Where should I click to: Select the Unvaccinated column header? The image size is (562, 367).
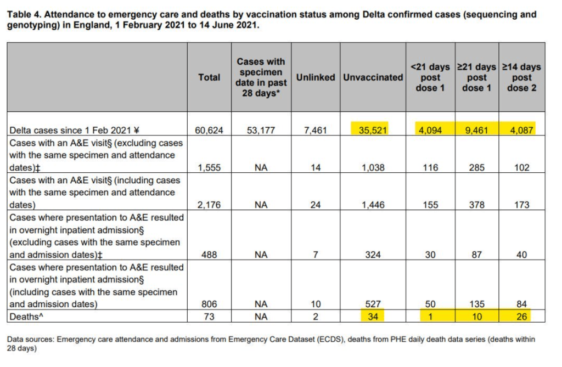pyautogui.click(x=373, y=77)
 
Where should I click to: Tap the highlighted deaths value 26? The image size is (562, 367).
pyautogui.click(x=522, y=316)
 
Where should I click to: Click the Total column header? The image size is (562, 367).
pyautogui.click(x=209, y=77)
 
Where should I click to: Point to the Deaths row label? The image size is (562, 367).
pyautogui.click(x=27, y=316)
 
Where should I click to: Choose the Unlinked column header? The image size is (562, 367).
pyautogui.click(x=316, y=77)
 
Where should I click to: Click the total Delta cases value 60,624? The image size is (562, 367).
pyautogui.click(x=209, y=131)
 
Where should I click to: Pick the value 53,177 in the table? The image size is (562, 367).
pyautogui.click(x=261, y=131)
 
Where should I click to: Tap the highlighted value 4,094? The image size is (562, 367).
pyautogui.click(x=431, y=131)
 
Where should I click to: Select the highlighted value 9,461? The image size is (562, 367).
pyautogui.click(x=477, y=131)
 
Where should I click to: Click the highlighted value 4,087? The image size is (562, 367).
pyautogui.click(x=522, y=131)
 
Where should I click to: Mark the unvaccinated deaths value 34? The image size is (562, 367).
pyautogui.click(x=373, y=316)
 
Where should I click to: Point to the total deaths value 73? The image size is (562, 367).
pyautogui.click(x=209, y=316)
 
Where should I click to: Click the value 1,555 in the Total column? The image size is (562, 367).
pyautogui.click(x=209, y=168)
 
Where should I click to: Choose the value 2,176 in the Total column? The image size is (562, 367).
pyautogui.click(x=209, y=205)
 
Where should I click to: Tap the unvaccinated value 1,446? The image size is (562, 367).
pyautogui.click(x=373, y=205)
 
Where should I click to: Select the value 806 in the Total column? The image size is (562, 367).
pyautogui.click(x=209, y=304)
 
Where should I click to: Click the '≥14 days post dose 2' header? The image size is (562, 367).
pyautogui.click(x=522, y=77)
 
